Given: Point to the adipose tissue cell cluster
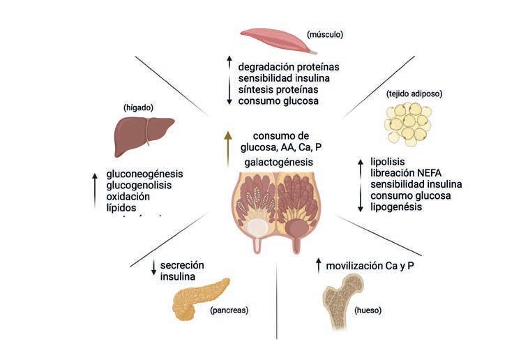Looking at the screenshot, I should point(407,123).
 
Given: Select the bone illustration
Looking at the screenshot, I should point(347,299).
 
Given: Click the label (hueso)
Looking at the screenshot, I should point(368,310).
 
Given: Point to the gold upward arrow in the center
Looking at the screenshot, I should point(226,147).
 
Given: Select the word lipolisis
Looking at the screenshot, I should point(388,163).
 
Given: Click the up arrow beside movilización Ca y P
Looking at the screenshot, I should point(318,265).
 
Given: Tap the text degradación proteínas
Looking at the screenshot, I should point(289,67).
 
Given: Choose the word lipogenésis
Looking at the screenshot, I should point(396,207).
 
